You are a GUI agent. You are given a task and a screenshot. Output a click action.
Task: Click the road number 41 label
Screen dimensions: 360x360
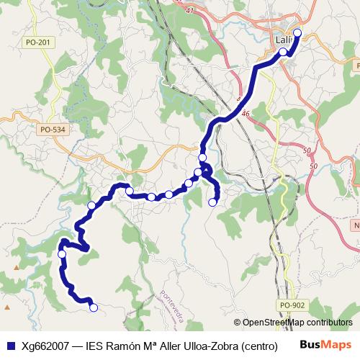coord(190,11)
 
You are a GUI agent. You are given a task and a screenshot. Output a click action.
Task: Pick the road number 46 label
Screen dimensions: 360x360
coord(245,114)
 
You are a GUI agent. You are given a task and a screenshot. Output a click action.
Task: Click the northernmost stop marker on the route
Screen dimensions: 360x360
coord(297,32)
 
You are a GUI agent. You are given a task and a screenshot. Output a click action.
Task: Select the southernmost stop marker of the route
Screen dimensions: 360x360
coord(93,308)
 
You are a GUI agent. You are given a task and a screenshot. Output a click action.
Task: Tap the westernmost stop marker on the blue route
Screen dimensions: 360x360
coord(62,254)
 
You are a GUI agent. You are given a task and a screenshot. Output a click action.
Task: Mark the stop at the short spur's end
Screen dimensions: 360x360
coord(212,202)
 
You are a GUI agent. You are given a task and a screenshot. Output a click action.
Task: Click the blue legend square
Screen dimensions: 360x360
coord(10,345)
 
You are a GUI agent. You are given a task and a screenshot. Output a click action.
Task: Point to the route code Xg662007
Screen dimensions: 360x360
coord(47,345)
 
